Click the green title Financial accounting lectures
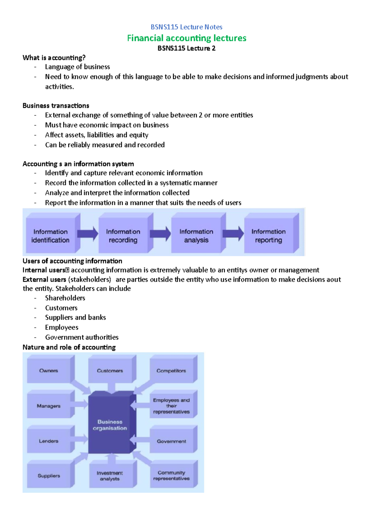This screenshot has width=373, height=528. pyautogui.click(x=186, y=38)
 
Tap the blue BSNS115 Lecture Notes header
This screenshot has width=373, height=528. pyautogui.click(x=186, y=27)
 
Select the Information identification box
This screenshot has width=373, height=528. pyautogui.click(x=50, y=236)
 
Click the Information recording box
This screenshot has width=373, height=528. pyautogui.click(x=123, y=236)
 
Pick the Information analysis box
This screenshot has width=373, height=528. pyautogui.click(x=196, y=236)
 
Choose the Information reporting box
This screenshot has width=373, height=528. pyautogui.click(x=269, y=236)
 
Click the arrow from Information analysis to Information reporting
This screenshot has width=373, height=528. pyautogui.click(x=233, y=234)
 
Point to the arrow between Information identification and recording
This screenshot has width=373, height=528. pyautogui.click(x=88, y=234)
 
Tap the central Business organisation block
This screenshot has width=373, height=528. pyautogui.click(x=110, y=425)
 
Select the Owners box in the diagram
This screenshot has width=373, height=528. pyautogui.click(x=49, y=370)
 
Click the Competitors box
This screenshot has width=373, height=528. pyautogui.click(x=171, y=371)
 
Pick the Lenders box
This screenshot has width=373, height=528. pyautogui.click(x=49, y=441)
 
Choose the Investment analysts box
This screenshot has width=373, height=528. pyautogui.click(x=110, y=476)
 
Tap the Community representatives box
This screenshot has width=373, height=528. pyautogui.click(x=171, y=475)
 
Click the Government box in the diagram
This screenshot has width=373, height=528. pyautogui.click(x=171, y=441)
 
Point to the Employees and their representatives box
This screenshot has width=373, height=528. pyautogui.click(x=171, y=406)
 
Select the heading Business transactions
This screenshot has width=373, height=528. pyautogui.click(x=56, y=106)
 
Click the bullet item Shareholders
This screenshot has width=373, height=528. pyautogui.click(x=65, y=298)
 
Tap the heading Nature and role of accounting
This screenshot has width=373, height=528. pyautogui.click(x=69, y=347)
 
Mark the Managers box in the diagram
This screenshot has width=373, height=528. pyautogui.click(x=49, y=406)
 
